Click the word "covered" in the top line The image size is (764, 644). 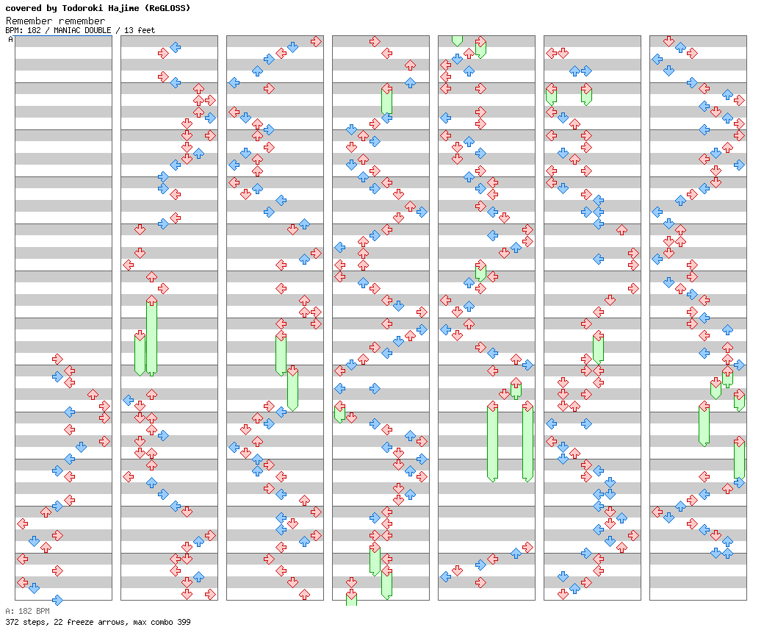21,8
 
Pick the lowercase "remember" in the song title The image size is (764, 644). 82,21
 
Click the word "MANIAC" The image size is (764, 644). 68,31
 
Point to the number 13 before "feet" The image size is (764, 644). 129,31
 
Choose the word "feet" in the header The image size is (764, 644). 145,31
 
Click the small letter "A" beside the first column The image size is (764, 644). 10,40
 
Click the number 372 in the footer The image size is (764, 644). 12,623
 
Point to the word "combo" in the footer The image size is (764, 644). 162,623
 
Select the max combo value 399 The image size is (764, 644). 184,623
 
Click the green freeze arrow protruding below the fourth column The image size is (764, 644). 351,599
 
